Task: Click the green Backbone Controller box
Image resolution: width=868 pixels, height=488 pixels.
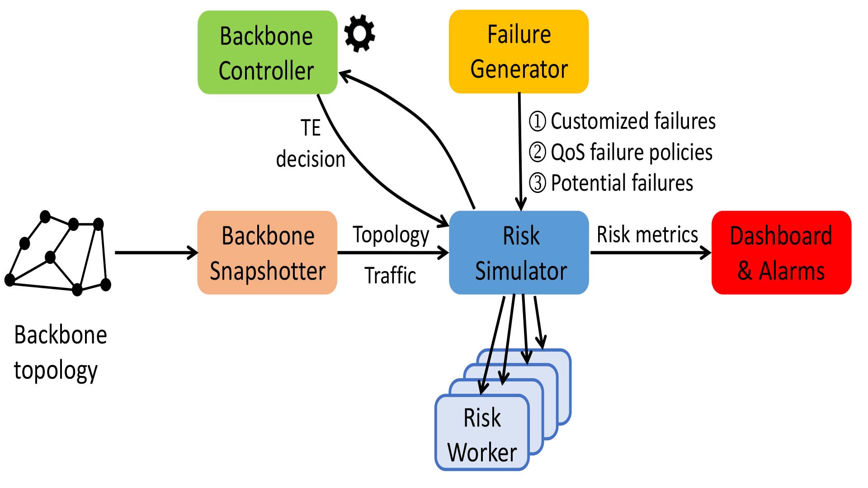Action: point(267,52)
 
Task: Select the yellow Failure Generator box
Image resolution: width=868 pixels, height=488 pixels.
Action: point(519,52)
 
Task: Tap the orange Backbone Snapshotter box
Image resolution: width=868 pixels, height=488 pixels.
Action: point(267,253)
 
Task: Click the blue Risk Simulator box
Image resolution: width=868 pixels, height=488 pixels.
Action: point(519,253)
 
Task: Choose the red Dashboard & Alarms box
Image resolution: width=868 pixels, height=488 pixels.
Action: point(781,253)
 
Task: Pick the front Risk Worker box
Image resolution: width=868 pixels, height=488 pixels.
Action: point(482,434)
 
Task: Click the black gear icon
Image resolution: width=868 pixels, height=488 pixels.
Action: point(359,33)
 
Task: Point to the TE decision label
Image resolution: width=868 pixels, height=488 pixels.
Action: point(311,144)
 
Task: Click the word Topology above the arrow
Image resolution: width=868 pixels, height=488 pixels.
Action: point(391,235)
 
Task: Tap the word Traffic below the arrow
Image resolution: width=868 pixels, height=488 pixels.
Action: point(390,275)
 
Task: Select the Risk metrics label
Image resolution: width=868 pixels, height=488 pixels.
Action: point(647,235)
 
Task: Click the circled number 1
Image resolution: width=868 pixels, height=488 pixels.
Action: point(538,122)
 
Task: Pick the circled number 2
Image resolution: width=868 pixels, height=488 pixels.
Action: point(538,152)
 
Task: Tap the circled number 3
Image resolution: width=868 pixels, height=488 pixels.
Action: point(538,183)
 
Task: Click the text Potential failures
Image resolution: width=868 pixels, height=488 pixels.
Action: point(622,183)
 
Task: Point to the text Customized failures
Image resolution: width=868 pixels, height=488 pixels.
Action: point(633,122)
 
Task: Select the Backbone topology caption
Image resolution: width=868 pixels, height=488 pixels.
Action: point(60,353)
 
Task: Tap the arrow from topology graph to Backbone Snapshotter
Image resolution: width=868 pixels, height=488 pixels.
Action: point(156,253)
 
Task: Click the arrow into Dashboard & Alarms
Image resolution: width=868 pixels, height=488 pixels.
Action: point(651,253)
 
